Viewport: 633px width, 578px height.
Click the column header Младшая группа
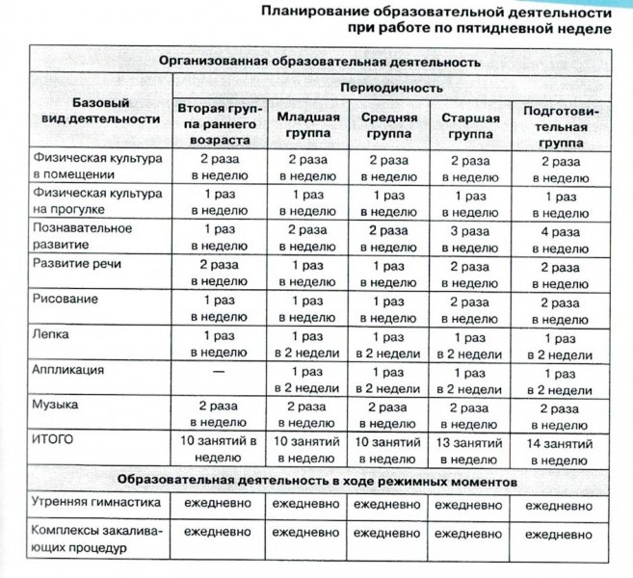coord(307,126)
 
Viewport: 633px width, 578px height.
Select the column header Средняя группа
coord(382,126)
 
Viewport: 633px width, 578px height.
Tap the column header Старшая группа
coord(469,126)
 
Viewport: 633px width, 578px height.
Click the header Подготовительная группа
coord(560,126)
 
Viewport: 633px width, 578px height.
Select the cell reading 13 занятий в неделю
coord(469,446)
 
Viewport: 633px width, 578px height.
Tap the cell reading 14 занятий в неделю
coord(560,446)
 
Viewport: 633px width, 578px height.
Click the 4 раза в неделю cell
coord(560,238)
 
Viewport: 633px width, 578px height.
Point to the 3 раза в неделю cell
coord(469,238)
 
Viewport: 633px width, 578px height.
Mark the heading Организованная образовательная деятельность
coord(318,60)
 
